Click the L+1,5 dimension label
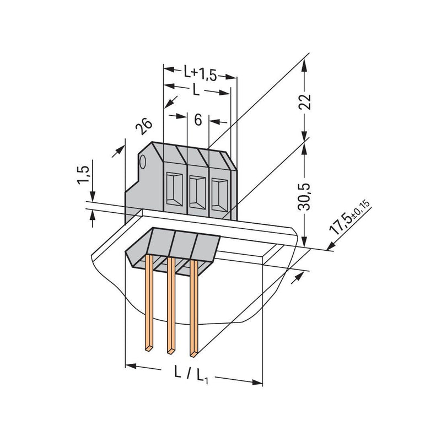[200, 73]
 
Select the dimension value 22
[305, 101]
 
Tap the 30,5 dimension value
[304, 197]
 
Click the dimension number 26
[143, 126]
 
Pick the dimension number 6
[198, 120]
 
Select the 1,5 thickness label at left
[83, 175]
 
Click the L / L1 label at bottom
[191, 374]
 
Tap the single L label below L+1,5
[196, 90]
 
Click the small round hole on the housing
[143, 162]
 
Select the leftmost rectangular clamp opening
[174, 189]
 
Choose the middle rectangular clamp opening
[197, 192]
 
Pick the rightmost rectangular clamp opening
[219, 196]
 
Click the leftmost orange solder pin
[149, 303]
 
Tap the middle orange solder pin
[171, 305]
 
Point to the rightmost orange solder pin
[194, 308]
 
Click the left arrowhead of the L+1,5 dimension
[169, 69]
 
